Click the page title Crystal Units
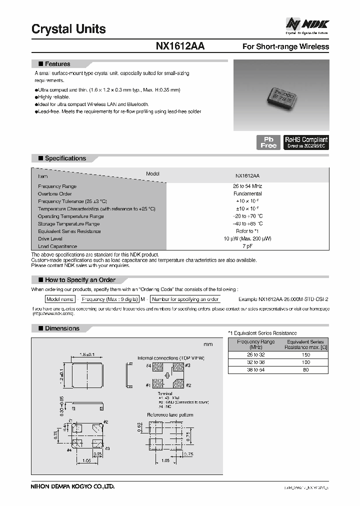point(68,29)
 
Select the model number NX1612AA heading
point(180,46)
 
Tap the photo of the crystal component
point(281,95)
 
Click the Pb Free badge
point(268,142)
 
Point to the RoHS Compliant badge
point(306,142)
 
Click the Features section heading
point(57,64)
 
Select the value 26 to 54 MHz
point(247,186)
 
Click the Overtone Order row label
point(55,193)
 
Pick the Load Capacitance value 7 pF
point(247,246)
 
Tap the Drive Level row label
point(50,239)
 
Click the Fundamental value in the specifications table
point(247,193)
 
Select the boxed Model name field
point(60,299)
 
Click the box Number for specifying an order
point(185,299)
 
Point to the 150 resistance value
point(306,354)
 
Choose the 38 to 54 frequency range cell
point(255,369)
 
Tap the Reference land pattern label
point(170,414)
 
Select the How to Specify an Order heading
point(80,279)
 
